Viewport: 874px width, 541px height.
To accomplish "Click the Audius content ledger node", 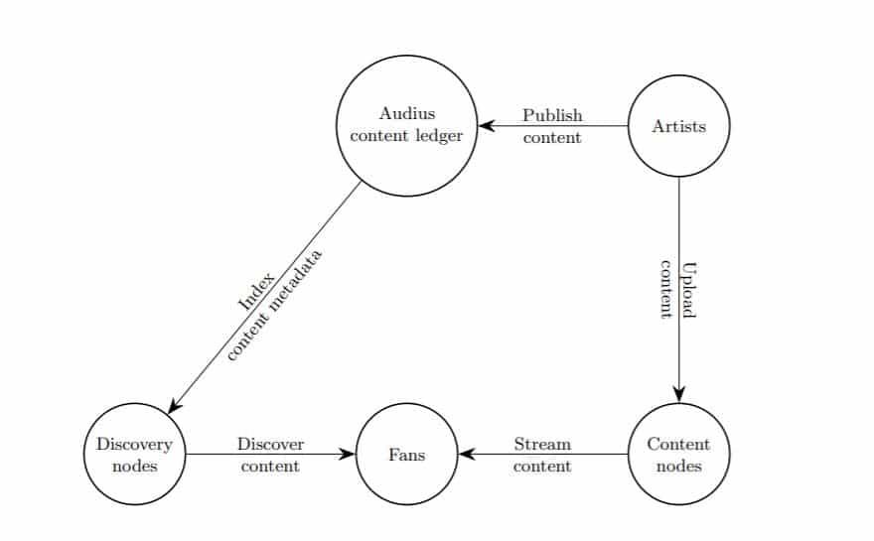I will pos(406,125).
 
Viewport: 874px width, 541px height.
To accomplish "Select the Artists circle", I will pos(679,127).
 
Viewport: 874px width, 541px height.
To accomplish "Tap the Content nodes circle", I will pos(679,455).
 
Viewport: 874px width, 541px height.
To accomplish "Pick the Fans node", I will pos(406,455).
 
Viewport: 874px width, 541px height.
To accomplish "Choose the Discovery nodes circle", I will pos(134,455).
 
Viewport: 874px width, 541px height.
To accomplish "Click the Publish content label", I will pos(552,127).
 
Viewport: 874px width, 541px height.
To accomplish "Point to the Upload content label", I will pos(678,289).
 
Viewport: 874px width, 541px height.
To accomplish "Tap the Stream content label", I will pos(542,455).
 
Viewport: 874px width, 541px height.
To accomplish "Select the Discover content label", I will pos(270,455).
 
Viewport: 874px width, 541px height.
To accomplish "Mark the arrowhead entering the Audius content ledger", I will pos(487,126).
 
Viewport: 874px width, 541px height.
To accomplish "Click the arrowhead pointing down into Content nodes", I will pos(679,394).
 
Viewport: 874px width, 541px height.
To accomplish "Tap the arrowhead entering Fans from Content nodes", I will pos(466,455).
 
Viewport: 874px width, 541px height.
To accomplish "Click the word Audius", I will pos(407,114).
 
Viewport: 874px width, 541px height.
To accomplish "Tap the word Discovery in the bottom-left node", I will pos(134,445).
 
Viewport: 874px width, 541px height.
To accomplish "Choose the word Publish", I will pos(552,116).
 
